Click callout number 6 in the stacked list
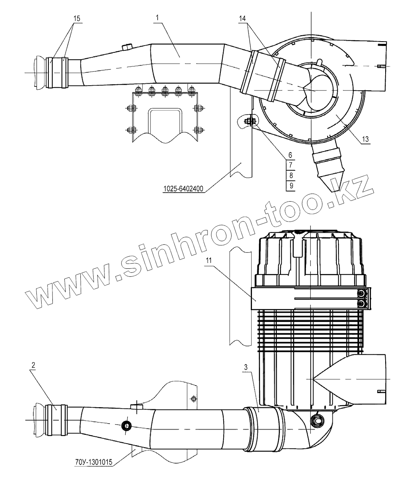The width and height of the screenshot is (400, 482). coord(291,154)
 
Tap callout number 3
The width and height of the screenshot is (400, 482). coord(247,366)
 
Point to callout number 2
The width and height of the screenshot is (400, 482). coord(34,365)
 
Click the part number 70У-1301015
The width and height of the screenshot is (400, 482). coord(93,463)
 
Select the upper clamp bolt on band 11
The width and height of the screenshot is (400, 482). coord(362,294)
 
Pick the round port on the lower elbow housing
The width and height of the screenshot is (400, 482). coord(318,420)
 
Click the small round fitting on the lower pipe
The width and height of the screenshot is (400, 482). coord(126,425)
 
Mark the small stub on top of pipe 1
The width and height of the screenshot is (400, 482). coord(127,47)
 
